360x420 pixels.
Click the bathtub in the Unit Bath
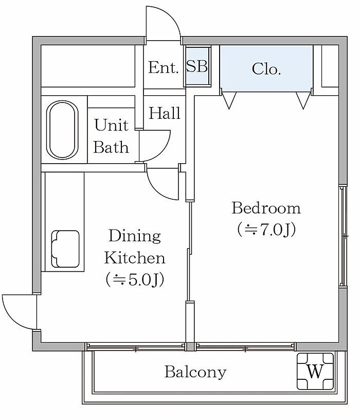click(62, 130)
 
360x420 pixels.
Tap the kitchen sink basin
click(66, 249)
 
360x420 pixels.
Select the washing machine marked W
click(315, 371)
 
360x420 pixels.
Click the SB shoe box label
click(197, 66)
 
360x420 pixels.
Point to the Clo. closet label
click(266, 69)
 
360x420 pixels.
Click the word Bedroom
click(266, 208)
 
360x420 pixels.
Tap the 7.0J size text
click(266, 230)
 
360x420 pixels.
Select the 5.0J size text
click(135, 279)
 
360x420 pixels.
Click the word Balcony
click(195, 372)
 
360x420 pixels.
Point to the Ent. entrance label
click(163, 67)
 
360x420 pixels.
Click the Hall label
click(165, 113)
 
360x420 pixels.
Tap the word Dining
click(135, 236)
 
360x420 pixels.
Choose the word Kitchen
click(135, 258)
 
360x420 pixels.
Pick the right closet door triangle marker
click(303, 100)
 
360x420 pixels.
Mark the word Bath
click(111, 147)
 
